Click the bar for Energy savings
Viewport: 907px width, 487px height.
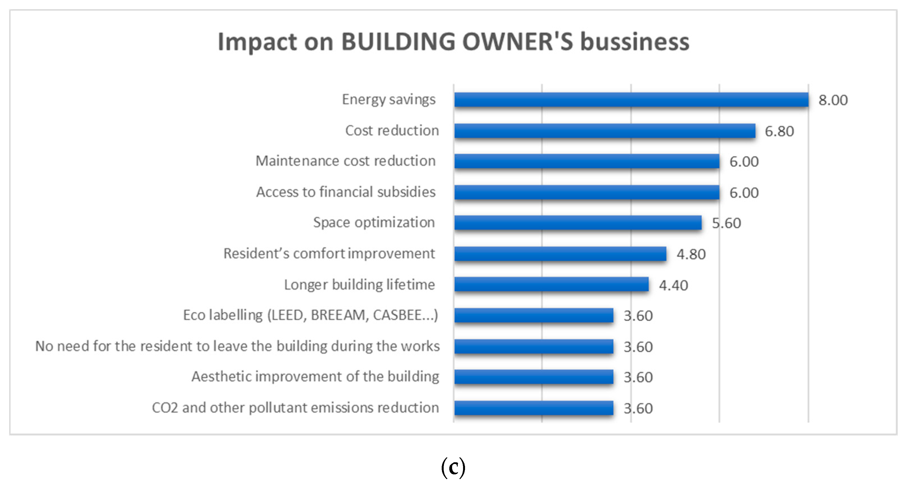point(631,100)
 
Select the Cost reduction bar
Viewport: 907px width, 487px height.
point(605,131)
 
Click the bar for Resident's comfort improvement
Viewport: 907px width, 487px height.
point(560,254)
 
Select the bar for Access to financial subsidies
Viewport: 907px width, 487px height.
point(587,192)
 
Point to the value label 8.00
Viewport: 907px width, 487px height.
point(833,100)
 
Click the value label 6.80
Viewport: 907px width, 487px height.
point(779,131)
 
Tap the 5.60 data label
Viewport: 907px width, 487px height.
point(726,223)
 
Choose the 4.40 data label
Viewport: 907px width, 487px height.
point(673,285)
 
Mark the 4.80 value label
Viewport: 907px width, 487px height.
point(691,254)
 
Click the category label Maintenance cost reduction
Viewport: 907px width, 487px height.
point(345,161)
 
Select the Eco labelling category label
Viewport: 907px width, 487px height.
point(311,315)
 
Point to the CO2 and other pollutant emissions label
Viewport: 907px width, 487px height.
point(295,408)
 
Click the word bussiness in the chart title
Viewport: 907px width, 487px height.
point(634,42)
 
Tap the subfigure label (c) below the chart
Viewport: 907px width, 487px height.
point(453,467)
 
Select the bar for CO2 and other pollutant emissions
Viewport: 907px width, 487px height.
point(534,408)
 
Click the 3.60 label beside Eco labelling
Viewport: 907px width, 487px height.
point(638,316)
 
